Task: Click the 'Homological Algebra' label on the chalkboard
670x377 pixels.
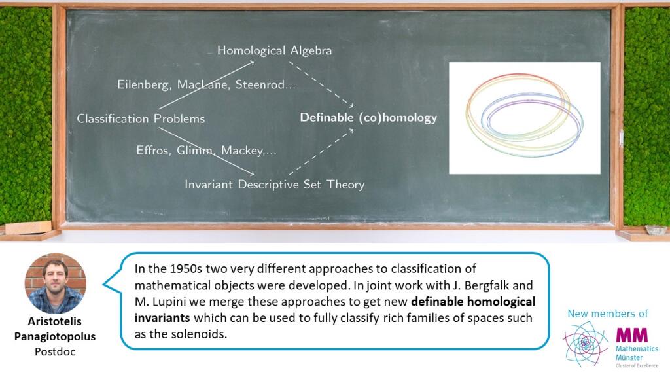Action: tap(274, 50)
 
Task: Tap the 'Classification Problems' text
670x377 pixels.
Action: tap(141, 118)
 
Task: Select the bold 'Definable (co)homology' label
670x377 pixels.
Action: tap(368, 118)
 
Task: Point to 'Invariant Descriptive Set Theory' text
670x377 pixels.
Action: tap(274, 184)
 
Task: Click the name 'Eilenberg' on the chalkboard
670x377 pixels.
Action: tap(143, 84)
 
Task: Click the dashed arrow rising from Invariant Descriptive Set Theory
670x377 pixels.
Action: tap(321, 152)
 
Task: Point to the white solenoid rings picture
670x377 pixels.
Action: tap(525, 118)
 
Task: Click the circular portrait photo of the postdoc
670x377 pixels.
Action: tap(56, 283)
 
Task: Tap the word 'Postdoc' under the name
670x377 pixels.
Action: tap(55, 351)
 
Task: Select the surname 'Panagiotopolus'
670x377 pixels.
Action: tap(55, 336)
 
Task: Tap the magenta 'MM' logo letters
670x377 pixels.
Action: tap(631, 334)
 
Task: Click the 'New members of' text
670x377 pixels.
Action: tap(608, 314)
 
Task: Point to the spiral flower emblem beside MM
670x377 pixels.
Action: tap(586, 343)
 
